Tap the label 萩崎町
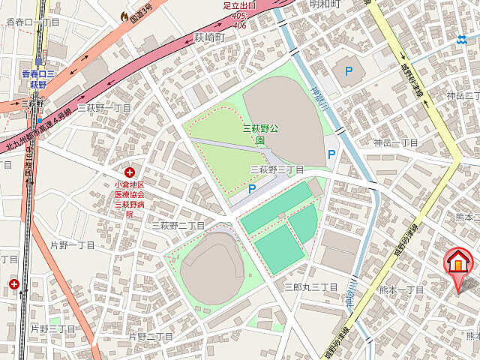(x=209, y=36)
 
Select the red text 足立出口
(x=239, y=6)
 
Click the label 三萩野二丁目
(x=178, y=225)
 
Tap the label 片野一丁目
(x=72, y=245)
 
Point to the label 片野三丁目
(x=52, y=328)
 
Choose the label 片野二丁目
(x=151, y=337)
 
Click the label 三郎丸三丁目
(x=310, y=287)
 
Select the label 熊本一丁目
(x=401, y=289)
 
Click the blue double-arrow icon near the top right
(x=462, y=40)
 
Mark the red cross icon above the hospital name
(x=130, y=173)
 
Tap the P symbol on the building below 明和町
(x=348, y=72)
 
